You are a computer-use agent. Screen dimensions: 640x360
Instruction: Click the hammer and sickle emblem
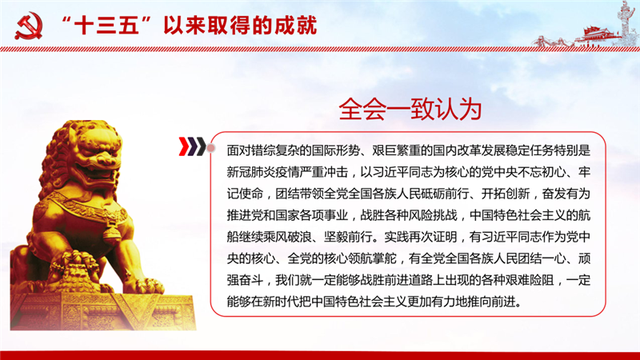click(x=29, y=26)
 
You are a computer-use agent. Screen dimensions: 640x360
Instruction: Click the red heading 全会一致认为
click(x=410, y=109)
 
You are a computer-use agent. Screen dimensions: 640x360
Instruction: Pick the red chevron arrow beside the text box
click(x=184, y=147)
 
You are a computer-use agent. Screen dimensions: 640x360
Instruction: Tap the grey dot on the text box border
click(x=211, y=148)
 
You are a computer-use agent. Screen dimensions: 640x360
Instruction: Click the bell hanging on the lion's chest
click(x=111, y=234)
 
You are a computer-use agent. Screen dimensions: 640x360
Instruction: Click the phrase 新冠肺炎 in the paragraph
click(x=251, y=172)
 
